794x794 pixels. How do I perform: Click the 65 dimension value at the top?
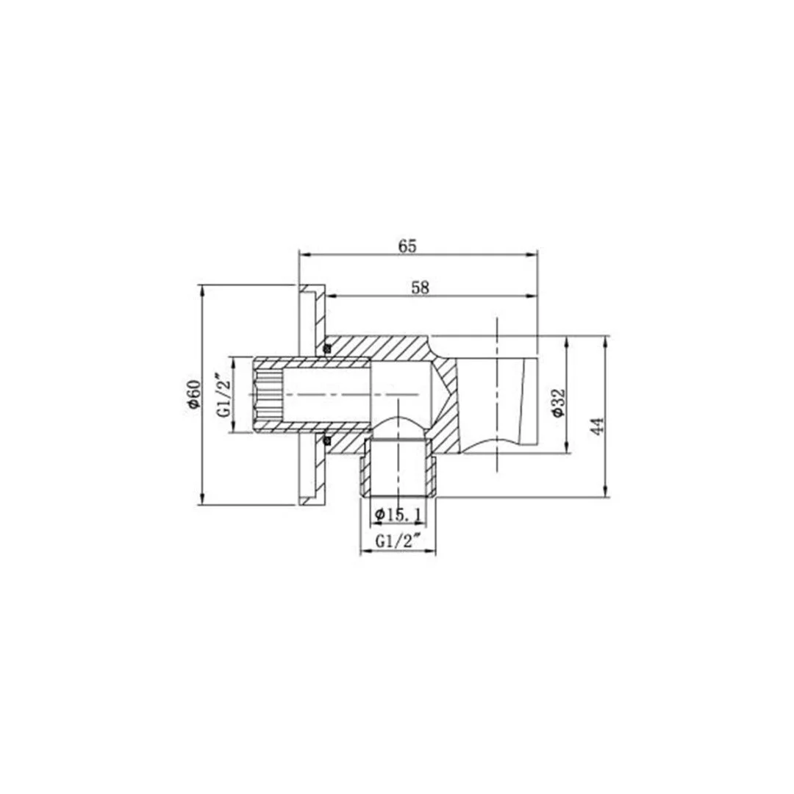[x=408, y=246]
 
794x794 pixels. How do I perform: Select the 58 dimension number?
[x=420, y=287]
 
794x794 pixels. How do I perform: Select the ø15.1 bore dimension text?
[x=397, y=515]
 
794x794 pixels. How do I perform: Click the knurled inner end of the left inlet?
[x=267, y=395]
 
